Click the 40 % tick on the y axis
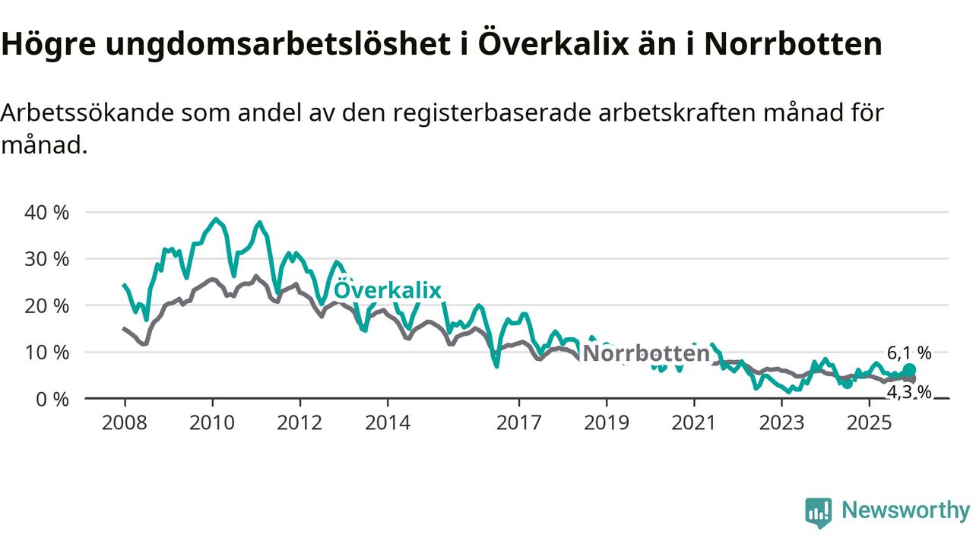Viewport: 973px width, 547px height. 47,213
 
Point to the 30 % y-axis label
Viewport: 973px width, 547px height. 47,259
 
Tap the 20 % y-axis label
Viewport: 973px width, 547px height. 47,305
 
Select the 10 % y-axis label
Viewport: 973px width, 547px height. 47,353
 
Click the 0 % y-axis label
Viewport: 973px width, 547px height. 52,399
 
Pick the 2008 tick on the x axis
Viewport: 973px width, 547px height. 124,422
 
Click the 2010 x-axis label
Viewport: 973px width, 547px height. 212,422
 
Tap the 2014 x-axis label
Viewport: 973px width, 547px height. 387,422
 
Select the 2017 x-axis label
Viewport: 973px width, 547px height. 519,422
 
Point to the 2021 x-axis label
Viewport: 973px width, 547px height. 694,422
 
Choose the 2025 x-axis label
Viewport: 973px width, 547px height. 870,422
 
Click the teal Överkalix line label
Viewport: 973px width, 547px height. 388,290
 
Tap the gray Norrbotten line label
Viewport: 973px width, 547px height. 645,353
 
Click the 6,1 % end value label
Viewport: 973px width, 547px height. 908,353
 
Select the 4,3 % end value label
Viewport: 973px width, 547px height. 908,392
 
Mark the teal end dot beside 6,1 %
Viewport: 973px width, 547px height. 909,370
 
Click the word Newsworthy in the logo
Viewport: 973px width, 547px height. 905,511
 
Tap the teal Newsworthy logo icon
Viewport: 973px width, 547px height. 819,513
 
